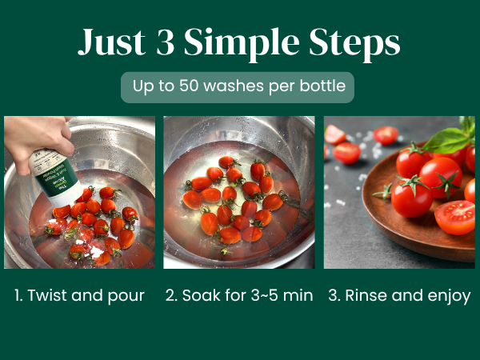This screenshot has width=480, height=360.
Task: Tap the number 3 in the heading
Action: [166, 43]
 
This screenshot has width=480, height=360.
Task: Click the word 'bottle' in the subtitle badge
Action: [323, 86]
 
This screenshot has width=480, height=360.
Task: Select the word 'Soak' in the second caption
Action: [200, 295]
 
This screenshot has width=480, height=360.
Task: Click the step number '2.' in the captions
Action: [171, 295]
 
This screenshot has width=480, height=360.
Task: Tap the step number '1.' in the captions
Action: [18, 295]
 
